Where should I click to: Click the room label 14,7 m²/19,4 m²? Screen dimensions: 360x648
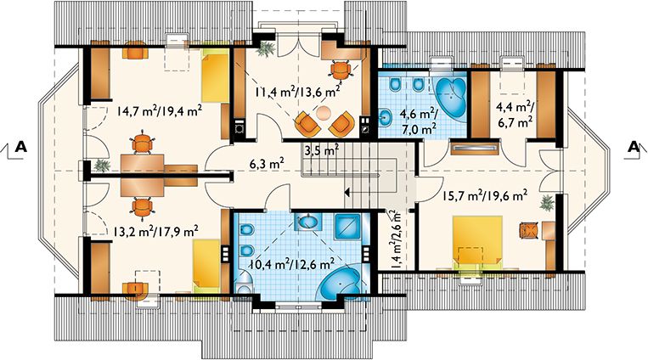159,109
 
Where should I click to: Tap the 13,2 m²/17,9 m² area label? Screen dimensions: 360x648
157,229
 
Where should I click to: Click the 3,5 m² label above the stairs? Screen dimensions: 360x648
321,150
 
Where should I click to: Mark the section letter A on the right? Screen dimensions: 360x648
632,147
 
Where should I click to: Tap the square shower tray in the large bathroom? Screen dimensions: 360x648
348,228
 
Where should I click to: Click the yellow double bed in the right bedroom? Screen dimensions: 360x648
481,243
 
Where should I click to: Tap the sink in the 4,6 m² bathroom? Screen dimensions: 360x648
387,116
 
